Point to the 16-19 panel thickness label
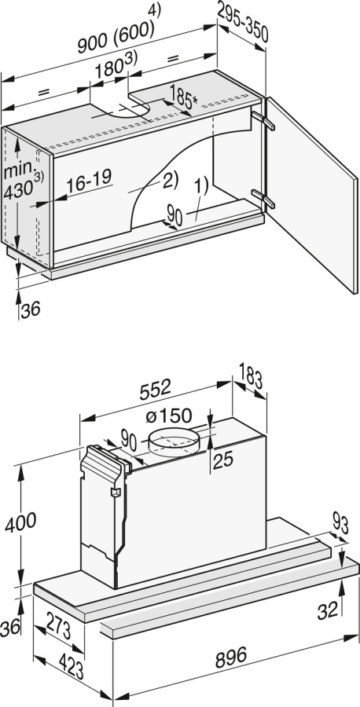click(x=88, y=183)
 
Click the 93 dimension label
click(x=340, y=522)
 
